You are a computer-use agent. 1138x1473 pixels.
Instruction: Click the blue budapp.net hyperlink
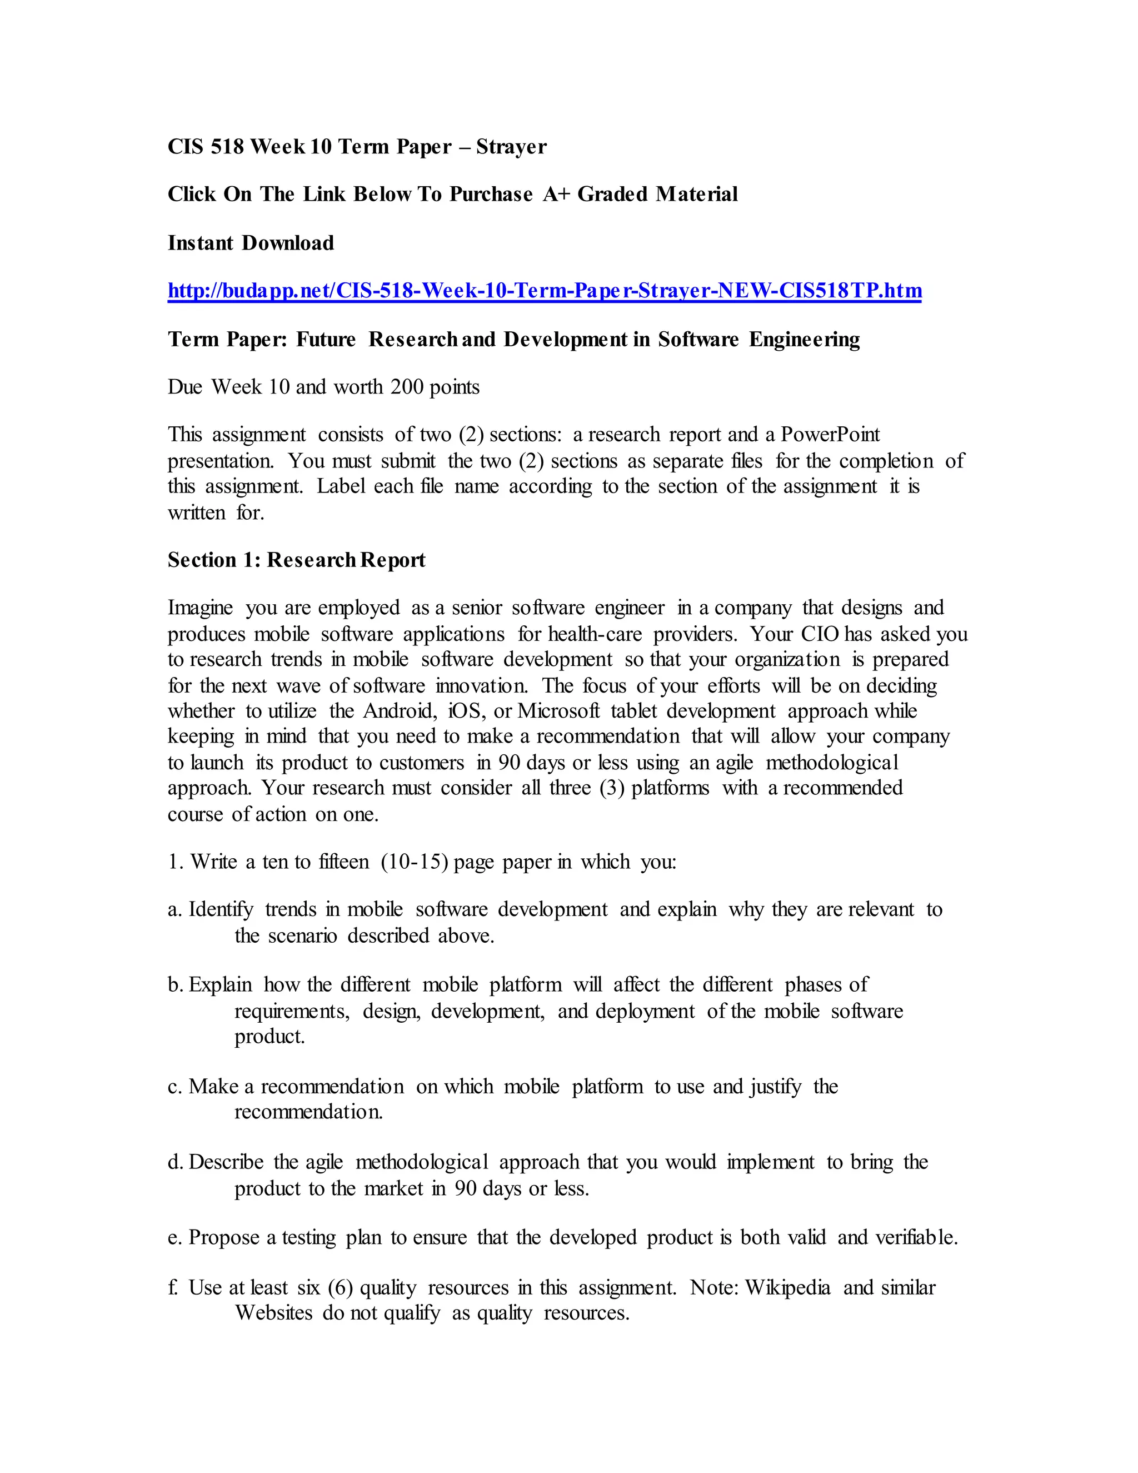544,291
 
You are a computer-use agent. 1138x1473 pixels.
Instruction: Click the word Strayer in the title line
511,147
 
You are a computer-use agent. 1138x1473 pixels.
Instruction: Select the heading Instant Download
251,243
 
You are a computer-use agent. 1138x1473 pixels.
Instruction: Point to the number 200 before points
407,387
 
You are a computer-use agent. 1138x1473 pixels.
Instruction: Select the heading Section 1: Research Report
297,560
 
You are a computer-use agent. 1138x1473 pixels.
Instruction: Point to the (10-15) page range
414,862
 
